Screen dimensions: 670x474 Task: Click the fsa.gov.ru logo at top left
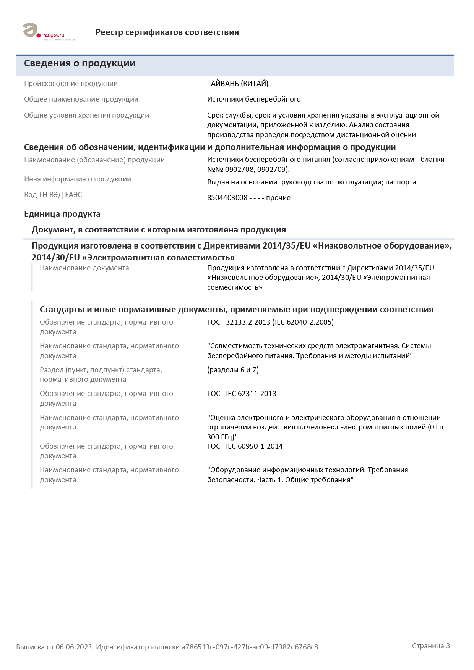tap(49, 32)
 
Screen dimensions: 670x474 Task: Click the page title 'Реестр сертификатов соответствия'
tap(167, 32)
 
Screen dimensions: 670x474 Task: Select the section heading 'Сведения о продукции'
tap(80, 63)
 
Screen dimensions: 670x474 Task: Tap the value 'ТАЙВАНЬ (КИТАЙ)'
tap(237, 84)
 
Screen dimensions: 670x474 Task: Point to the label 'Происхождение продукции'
tap(71, 84)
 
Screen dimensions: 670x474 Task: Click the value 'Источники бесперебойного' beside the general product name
tap(254, 99)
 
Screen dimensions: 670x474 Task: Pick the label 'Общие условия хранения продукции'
tap(86, 115)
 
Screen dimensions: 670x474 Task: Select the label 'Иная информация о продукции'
tap(78, 179)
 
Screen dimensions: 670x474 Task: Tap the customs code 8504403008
tap(227, 198)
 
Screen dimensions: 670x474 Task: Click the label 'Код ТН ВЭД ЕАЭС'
tap(53, 195)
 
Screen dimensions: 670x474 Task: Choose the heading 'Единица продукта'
tap(62, 214)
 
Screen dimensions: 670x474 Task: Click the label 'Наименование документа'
tap(84, 268)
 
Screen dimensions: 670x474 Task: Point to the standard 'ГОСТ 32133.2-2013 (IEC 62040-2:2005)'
tap(270, 322)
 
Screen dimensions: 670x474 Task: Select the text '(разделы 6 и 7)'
tap(233, 370)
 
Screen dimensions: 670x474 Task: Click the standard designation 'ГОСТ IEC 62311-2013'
tap(242, 394)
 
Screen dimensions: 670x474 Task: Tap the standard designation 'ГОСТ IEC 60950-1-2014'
tap(245, 446)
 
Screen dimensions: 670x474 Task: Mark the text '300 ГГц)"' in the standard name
tap(222, 437)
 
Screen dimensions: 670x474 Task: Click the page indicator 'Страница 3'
tap(431, 646)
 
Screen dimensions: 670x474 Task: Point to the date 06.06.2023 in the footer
tap(74, 647)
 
